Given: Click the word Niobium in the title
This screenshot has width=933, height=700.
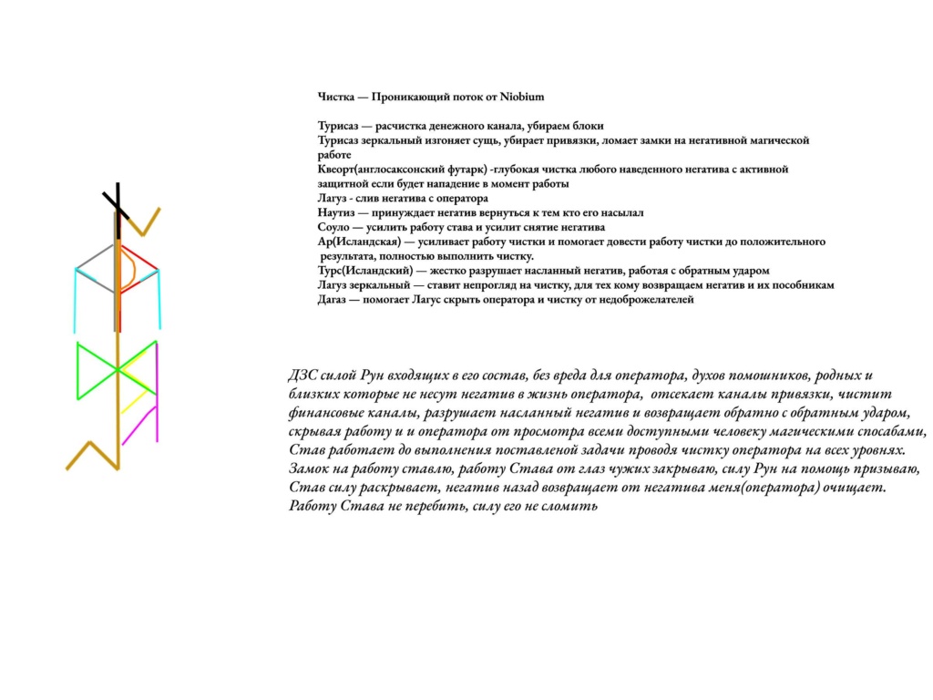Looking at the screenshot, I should (522, 96).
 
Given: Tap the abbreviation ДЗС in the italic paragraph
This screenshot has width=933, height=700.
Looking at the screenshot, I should (302, 376).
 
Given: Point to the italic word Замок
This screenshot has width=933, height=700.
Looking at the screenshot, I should (309, 468).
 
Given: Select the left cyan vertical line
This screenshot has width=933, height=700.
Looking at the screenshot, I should (75, 301).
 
